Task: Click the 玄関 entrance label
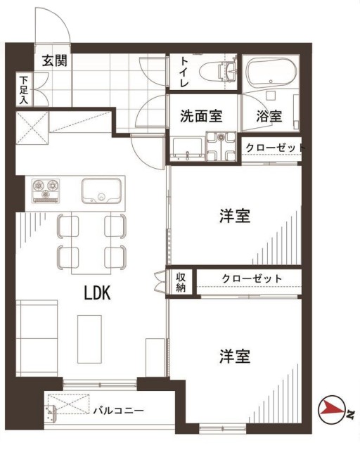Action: (54, 61)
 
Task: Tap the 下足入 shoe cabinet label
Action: (24, 91)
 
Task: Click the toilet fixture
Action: (214, 71)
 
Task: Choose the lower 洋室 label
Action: (234, 356)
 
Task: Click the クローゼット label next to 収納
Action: (252, 279)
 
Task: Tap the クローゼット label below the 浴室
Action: (274, 148)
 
